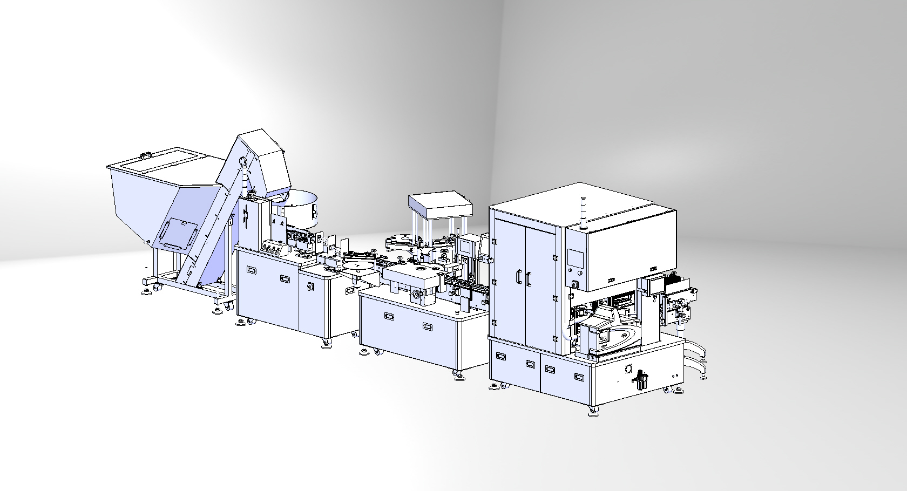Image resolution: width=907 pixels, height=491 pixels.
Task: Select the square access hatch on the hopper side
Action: [178, 233]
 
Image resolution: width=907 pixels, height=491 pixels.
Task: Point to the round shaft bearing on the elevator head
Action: [242, 160]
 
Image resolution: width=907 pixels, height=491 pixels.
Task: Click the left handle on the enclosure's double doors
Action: [518, 277]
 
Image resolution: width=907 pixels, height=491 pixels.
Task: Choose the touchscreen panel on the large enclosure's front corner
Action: [576, 260]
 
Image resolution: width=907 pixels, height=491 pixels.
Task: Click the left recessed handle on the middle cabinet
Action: [388, 316]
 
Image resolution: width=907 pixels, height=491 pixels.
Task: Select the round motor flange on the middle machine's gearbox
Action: [417, 295]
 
